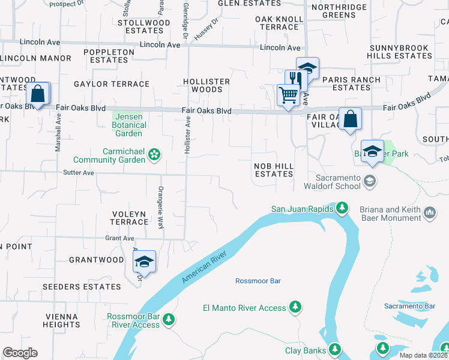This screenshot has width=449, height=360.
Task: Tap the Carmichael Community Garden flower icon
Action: point(154,155)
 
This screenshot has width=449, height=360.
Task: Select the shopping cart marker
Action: point(288,95)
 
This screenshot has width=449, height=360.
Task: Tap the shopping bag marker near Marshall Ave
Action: point(38,94)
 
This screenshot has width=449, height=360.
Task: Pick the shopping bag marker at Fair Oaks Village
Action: point(350,119)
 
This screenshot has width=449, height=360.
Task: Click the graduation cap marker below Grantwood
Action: point(144,262)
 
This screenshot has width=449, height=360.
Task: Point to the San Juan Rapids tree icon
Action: point(342,208)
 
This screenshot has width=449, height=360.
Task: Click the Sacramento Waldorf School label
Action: point(339,182)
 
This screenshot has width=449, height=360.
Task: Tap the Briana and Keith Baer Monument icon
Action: point(430,213)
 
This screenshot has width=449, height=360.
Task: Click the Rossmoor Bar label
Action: point(258,281)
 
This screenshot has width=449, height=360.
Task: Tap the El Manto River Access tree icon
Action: point(295,308)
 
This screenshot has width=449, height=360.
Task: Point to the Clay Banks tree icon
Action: point(335,350)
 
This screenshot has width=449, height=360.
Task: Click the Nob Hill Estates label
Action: point(273,169)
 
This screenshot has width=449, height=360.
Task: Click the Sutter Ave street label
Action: point(79,173)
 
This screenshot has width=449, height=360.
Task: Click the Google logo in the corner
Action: point(20,353)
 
